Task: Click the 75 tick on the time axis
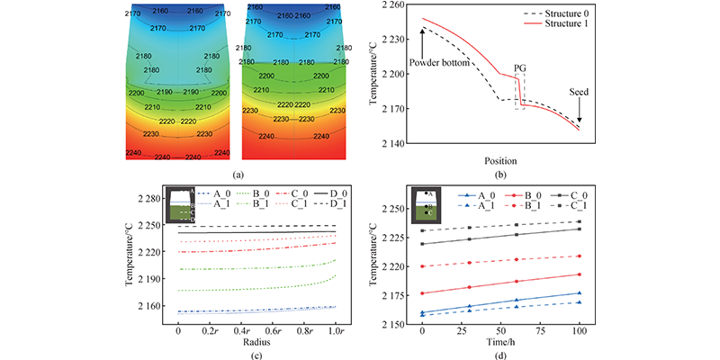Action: click(x=540, y=330)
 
